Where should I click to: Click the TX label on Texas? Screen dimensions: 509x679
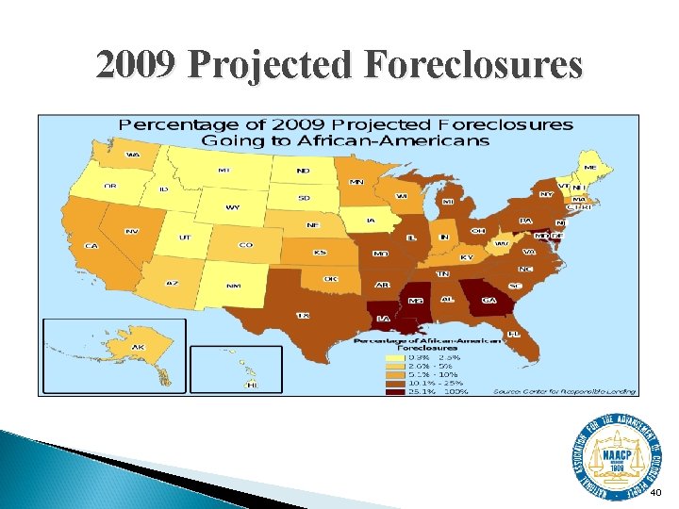[304, 315]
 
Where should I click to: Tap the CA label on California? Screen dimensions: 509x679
[91, 246]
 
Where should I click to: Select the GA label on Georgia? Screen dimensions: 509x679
[489, 300]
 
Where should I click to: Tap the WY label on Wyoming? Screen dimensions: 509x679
[231, 207]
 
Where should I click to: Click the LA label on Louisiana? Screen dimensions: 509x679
[384, 319]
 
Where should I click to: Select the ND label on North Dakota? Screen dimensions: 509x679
[304, 172]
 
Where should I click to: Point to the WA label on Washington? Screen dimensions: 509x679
[133, 155]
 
